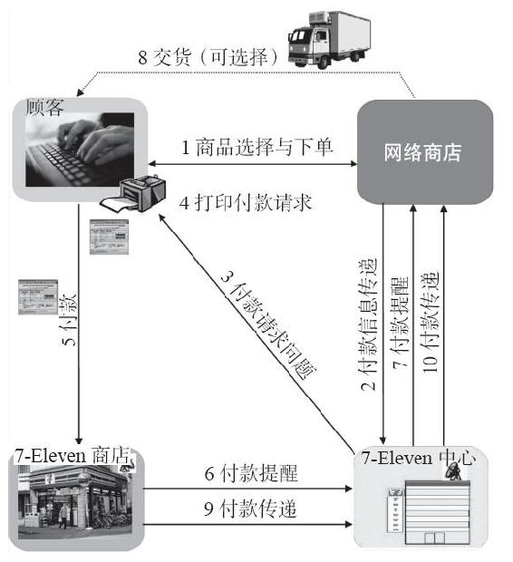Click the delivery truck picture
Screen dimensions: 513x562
tap(329, 40)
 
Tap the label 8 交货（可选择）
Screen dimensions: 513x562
tap(208, 57)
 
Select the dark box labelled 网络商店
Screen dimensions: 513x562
tap(425, 152)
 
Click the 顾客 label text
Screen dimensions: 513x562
tap(44, 107)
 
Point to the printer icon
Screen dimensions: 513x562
tap(133, 193)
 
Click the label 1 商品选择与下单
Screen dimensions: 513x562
tap(257, 147)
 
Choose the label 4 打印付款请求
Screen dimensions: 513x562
tap(246, 203)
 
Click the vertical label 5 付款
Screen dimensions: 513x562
tap(68, 319)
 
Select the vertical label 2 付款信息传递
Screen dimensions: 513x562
tap(368, 324)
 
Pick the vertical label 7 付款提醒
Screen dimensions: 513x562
tap(400, 322)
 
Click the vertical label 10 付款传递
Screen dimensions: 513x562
tap(431, 322)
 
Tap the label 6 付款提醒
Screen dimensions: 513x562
tap(251, 473)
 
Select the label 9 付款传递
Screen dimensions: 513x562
tap(250, 509)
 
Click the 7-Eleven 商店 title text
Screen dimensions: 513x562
tap(73, 456)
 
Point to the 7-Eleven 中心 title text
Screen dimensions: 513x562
tap(418, 458)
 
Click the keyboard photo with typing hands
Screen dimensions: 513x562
tap(80, 150)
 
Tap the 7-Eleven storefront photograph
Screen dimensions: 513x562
tap(75, 501)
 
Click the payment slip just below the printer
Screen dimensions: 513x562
tap(109, 237)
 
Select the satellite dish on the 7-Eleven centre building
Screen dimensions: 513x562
tap(453, 471)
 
